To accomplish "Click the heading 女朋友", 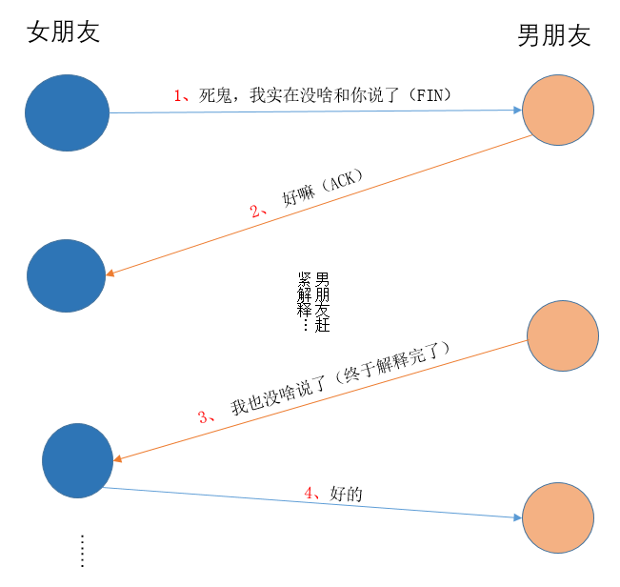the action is click(64, 32).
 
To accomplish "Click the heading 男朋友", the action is click(553, 36).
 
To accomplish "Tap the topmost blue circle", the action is click(67, 112).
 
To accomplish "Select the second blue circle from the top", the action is click(66, 276).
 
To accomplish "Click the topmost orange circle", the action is click(558, 110).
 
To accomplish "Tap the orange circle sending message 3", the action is click(562, 335).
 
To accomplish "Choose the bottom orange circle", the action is click(559, 517).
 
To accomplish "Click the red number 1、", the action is click(182, 95).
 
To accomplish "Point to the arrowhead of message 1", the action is click(518, 111).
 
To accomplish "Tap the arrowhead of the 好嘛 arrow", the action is click(110, 274).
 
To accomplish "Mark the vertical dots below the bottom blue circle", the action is click(82, 551).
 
